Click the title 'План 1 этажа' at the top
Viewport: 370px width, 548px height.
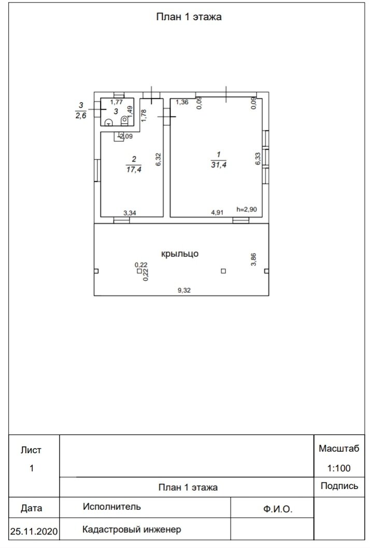click(189, 17)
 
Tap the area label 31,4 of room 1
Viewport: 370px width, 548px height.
click(218, 164)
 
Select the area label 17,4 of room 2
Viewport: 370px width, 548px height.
click(134, 168)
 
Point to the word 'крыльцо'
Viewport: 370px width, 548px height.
click(180, 254)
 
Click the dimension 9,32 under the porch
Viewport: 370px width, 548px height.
click(184, 291)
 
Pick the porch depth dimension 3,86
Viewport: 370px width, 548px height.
click(253, 259)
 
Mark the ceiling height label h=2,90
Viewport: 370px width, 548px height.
click(246, 209)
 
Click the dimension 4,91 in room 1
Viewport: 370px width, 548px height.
click(217, 212)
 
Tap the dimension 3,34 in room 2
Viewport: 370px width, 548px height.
click(130, 212)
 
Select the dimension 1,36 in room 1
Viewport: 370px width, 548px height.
click(182, 102)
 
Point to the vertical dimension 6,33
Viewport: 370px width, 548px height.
click(258, 158)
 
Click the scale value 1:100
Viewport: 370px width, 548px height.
click(339, 468)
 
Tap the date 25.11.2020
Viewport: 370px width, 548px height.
click(34, 531)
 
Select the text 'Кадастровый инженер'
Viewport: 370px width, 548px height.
click(132, 529)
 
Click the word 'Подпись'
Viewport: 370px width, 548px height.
click(339, 486)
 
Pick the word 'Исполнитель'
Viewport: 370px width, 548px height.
click(111, 507)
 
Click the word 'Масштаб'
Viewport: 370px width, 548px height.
click(339, 449)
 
